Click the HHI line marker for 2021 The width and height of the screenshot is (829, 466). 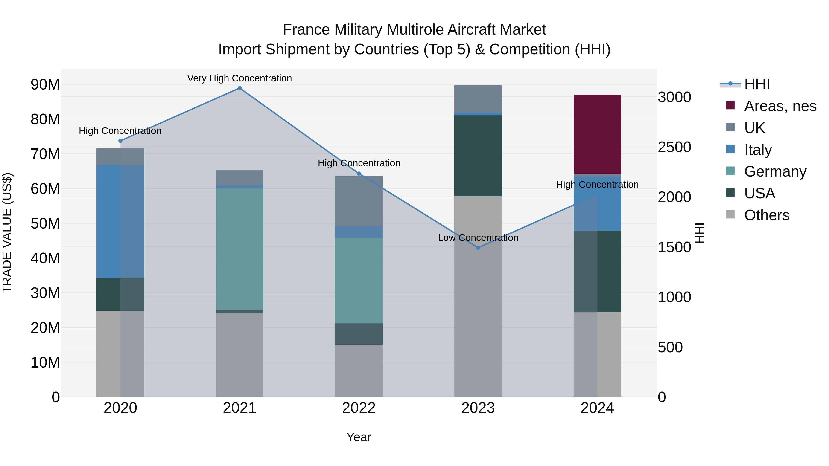click(239, 88)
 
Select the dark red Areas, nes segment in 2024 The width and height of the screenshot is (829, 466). click(597, 134)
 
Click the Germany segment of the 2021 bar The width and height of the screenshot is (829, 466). click(239, 249)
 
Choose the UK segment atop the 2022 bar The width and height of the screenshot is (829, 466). click(359, 201)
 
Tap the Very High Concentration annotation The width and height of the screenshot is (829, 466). click(239, 78)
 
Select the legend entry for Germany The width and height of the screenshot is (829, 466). click(775, 171)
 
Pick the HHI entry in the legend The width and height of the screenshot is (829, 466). click(757, 84)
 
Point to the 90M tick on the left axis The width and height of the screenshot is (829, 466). click(45, 85)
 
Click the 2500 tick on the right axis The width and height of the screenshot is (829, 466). click(674, 147)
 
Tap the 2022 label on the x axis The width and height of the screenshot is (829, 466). click(359, 408)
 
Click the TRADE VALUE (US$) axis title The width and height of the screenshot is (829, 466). click(7, 233)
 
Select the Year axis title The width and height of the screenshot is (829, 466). click(359, 437)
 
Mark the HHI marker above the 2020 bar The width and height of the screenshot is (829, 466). click(120, 141)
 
